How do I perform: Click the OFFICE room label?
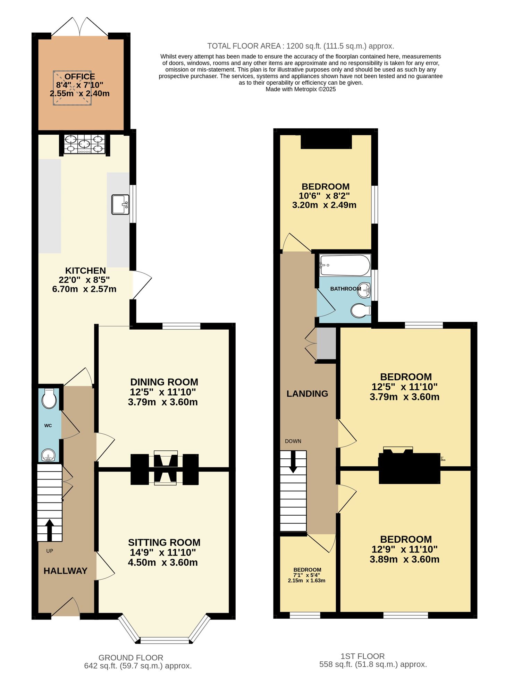click(x=79, y=77)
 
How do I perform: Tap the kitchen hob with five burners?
click(x=84, y=144)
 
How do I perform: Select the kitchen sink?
click(x=120, y=204)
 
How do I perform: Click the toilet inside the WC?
click(x=49, y=399)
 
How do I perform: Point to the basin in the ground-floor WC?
click(x=48, y=455)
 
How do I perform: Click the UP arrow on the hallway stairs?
click(x=50, y=530)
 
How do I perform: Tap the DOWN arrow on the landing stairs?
click(x=293, y=462)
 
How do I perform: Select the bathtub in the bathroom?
click(x=345, y=265)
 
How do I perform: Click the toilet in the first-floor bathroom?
click(x=360, y=311)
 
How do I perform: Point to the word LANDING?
click(x=307, y=393)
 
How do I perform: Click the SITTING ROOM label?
click(x=164, y=542)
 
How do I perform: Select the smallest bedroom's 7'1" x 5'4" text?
click(x=307, y=575)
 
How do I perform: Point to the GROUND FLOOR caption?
click(x=131, y=658)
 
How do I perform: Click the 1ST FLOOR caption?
click(x=362, y=656)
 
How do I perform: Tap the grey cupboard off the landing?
click(x=326, y=343)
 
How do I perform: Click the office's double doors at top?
click(x=79, y=27)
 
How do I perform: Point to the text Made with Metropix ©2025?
click(x=300, y=89)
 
